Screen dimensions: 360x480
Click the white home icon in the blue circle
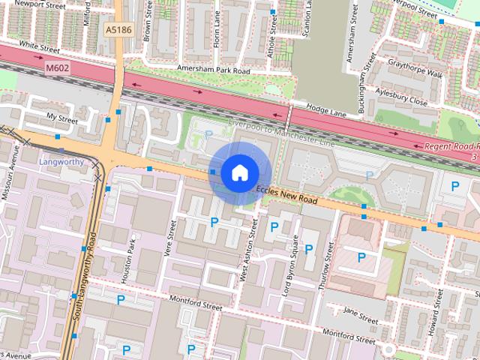click(238, 173)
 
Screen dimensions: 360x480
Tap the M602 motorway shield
click(58, 68)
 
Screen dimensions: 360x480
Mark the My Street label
click(61, 118)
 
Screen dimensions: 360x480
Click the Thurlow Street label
click(328, 262)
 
